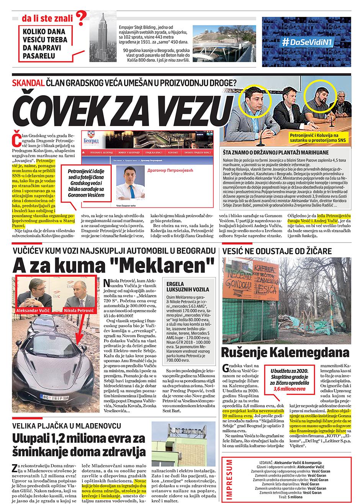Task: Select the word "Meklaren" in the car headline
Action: pos(183,264)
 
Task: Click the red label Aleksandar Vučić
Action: pos(32,307)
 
